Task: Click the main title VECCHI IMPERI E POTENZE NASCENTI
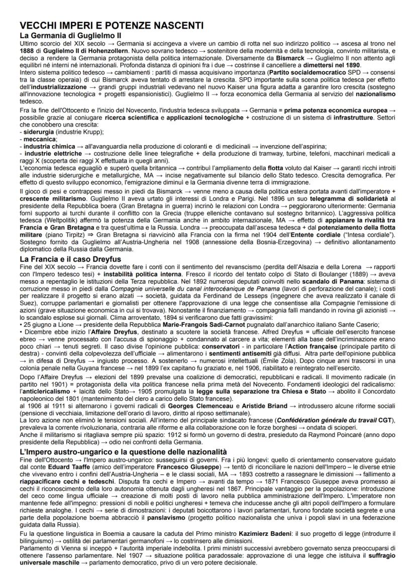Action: [x=111, y=25]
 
